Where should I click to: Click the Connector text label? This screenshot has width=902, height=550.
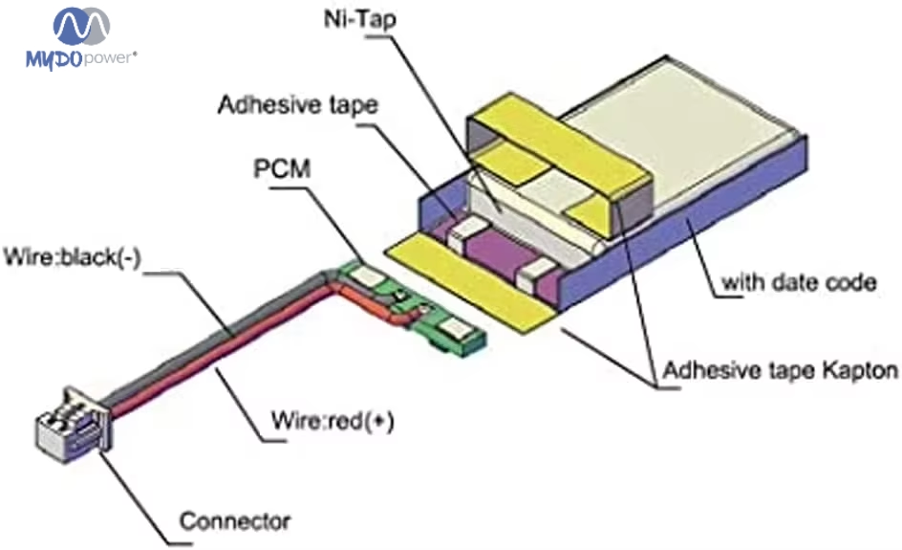pos(234,522)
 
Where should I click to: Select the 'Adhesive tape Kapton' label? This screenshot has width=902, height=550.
pos(780,369)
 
